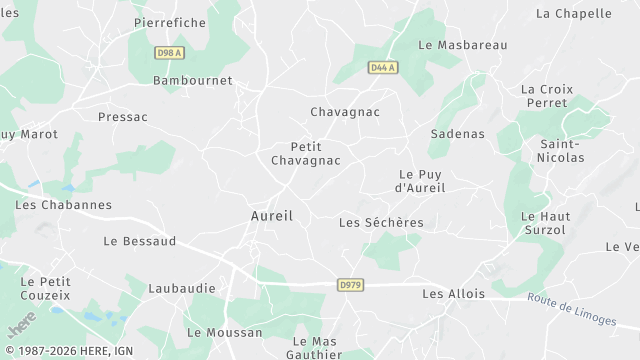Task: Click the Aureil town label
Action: point(271,216)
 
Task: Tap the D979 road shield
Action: point(350,286)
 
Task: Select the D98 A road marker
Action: point(169,52)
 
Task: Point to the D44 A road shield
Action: point(382,68)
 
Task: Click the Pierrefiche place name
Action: point(170,22)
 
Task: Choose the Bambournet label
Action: point(192,80)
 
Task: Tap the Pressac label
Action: point(123,117)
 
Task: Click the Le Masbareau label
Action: point(463,45)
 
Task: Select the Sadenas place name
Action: point(457,133)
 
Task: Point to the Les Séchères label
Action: point(381,222)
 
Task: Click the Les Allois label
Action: point(453,294)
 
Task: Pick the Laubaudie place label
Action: point(182,288)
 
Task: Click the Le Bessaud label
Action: point(140,241)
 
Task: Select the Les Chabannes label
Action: point(64,204)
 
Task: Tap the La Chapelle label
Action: point(574,14)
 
